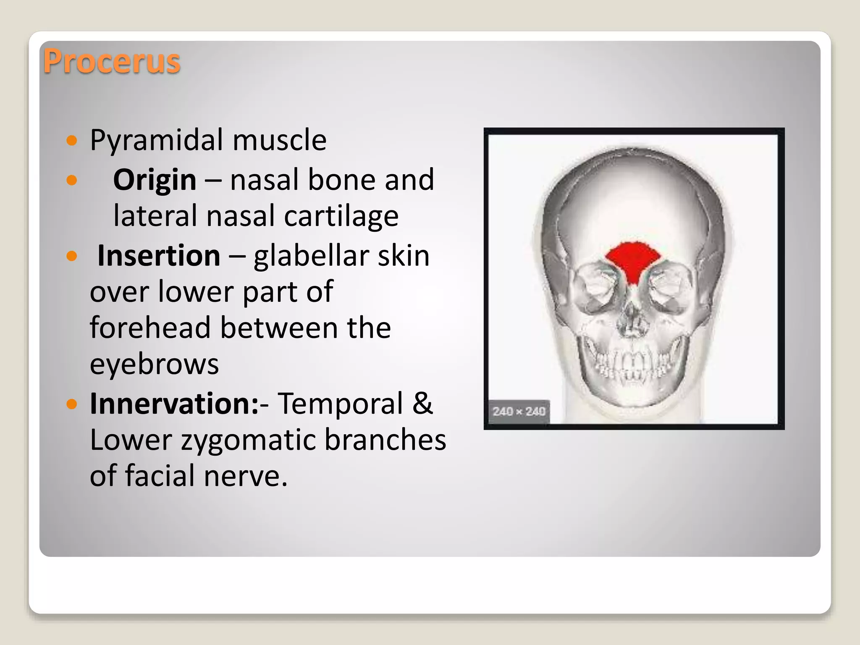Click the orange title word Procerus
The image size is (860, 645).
click(x=112, y=62)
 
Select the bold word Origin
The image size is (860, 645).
click(x=155, y=180)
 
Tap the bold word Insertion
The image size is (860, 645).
click(x=159, y=256)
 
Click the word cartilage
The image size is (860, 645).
click(x=341, y=217)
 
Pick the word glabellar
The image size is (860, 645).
click(x=310, y=256)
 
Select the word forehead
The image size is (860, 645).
click(x=150, y=328)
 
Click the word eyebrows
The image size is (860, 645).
click(x=154, y=364)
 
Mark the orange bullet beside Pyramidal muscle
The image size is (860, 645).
click(x=72, y=140)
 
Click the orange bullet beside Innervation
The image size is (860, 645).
click(x=72, y=404)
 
